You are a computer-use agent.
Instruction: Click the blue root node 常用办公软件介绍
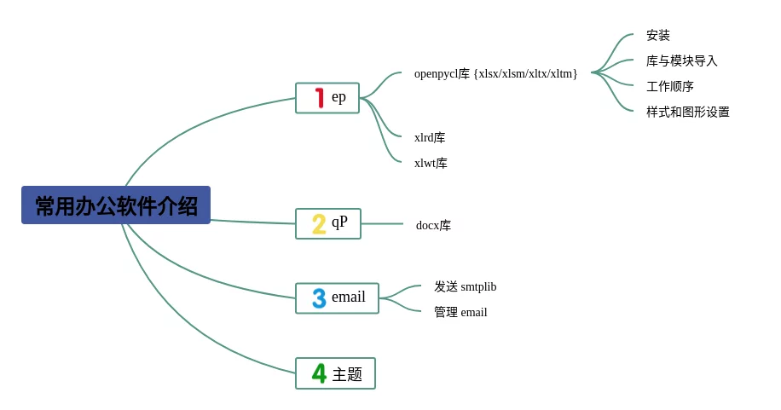click(116, 205)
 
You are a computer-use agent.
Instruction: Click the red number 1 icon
click(320, 98)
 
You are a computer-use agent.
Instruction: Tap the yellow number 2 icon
click(319, 223)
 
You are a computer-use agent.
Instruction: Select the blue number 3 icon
click(319, 298)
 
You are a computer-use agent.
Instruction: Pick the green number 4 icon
click(319, 373)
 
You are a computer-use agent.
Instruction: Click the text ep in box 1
click(338, 97)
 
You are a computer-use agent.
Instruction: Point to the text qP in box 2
click(339, 222)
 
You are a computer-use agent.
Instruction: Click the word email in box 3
click(349, 297)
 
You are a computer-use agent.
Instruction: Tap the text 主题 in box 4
click(347, 374)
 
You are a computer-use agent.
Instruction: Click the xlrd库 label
click(430, 137)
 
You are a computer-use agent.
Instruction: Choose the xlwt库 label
click(431, 163)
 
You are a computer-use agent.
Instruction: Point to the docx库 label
click(433, 225)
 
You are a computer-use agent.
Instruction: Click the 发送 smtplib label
click(466, 286)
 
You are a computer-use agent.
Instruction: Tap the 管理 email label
click(460, 312)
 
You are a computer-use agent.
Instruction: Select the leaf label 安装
click(658, 35)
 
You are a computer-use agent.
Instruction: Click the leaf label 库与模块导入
click(682, 61)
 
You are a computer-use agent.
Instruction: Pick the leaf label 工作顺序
click(670, 86)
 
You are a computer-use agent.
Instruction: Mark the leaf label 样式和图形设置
click(688, 112)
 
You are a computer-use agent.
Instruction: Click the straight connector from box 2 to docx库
click(382, 223)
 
